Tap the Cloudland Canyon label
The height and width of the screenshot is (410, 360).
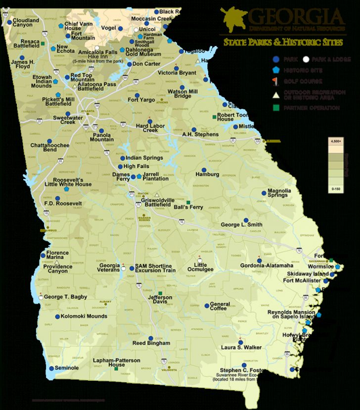[x=26, y=22]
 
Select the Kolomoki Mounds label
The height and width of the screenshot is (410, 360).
[x=84, y=316]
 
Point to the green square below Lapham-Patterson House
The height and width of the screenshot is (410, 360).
[x=116, y=369]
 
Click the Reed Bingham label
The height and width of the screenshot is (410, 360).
[x=151, y=343]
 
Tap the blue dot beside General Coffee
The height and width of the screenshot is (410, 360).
[x=206, y=306]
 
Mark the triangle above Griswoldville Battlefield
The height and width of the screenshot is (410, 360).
[x=157, y=195]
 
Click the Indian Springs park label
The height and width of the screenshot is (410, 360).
[x=144, y=158]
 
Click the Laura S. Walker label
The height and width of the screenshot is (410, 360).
[x=241, y=347]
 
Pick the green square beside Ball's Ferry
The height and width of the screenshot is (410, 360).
[x=188, y=202]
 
